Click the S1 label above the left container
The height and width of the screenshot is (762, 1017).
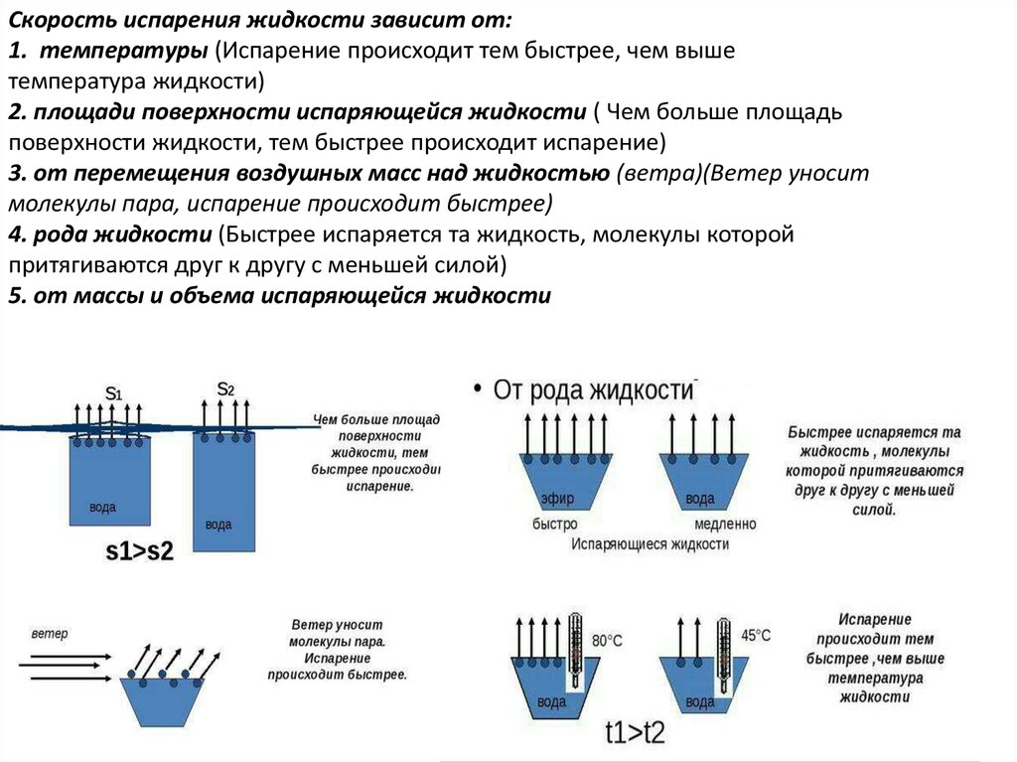(x=113, y=392)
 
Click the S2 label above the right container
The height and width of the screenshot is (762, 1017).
(x=225, y=388)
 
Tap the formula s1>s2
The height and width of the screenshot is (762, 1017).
(x=139, y=551)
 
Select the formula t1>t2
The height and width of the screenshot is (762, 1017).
(x=635, y=733)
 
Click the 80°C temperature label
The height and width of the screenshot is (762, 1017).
(x=607, y=641)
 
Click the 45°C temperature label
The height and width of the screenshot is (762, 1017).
(x=756, y=635)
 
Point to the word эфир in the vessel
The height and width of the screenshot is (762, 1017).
(x=557, y=499)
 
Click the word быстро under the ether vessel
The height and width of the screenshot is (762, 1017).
(x=554, y=524)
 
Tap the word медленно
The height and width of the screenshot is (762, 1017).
(x=725, y=524)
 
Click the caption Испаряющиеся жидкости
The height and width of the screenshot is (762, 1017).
(x=650, y=543)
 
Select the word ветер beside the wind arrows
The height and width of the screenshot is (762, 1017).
(x=50, y=633)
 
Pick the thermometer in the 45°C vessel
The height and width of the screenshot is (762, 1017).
(x=723, y=655)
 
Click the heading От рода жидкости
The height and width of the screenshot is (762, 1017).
(x=594, y=390)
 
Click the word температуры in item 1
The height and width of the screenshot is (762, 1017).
(x=123, y=51)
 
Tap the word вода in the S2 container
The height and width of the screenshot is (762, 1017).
(x=218, y=525)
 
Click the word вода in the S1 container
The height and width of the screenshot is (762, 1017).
(x=102, y=507)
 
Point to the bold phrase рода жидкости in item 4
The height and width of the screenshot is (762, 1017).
(x=122, y=234)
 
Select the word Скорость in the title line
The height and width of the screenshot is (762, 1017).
(x=63, y=20)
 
